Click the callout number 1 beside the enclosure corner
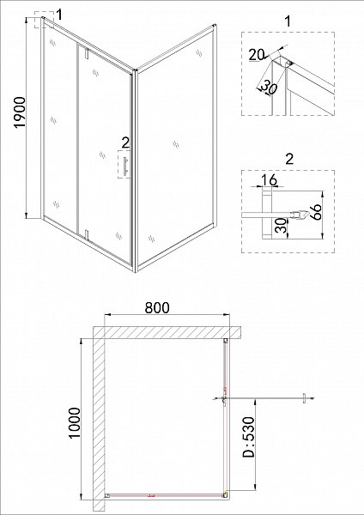pyautogui.click(x=60, y=13)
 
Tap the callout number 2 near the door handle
pyautogui.click(x=125, y=142)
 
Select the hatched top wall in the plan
pyautogui.click(x=167, y=330)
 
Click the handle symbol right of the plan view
pyautogui.click(x=302, y=397)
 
